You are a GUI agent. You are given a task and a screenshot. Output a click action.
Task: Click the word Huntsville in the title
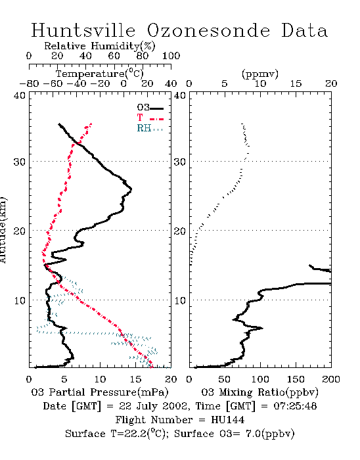(83, 30)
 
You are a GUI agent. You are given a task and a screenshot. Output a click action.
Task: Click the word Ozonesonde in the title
(208, 30)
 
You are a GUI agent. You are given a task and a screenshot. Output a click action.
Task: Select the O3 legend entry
(150, 108)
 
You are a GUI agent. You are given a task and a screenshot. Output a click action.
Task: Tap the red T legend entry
(150, 118)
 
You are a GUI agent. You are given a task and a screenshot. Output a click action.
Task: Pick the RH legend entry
(150, 128)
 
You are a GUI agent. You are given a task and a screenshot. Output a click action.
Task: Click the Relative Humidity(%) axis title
(100, 46)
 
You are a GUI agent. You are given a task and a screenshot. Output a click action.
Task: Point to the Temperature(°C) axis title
(100, 74)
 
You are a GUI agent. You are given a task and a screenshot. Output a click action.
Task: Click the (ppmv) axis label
(260, 74)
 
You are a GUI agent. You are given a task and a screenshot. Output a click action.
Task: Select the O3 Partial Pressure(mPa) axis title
(100, 392)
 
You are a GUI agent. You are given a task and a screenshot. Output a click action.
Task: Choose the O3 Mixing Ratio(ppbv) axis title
(259, 392)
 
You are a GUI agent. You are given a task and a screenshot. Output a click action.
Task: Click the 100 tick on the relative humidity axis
(171, 56)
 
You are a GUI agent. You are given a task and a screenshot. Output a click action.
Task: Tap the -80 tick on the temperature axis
(29, 83)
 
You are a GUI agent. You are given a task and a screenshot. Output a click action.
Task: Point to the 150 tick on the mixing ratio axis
(296, 379)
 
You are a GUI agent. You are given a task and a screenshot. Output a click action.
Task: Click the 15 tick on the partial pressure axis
(135, 379)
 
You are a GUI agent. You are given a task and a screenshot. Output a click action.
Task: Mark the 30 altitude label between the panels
(179, 162)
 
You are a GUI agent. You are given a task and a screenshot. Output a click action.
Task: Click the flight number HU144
(227, 420)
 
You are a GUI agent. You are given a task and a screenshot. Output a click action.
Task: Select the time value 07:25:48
(295, 406)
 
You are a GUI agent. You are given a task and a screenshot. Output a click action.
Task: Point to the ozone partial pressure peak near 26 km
(131, 189)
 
